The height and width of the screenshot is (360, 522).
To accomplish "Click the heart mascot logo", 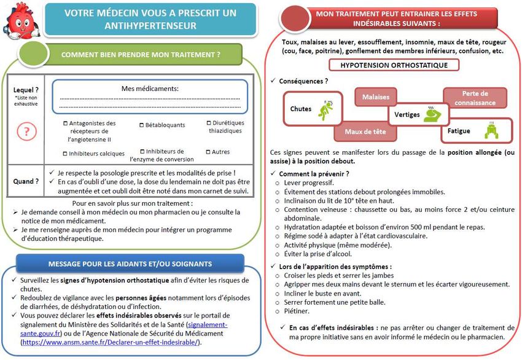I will [21, 20].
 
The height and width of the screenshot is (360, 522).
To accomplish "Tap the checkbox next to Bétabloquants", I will [142, 125].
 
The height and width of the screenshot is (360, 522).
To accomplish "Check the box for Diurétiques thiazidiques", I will [208, 123].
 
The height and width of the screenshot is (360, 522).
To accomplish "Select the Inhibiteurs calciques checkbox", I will [66, 154].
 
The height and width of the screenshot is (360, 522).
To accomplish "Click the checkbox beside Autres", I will [208, 152].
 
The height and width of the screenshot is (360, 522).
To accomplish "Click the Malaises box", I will [375, 97].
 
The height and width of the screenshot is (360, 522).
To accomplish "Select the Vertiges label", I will [407, 115].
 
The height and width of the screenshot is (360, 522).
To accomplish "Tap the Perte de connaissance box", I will [475, 98].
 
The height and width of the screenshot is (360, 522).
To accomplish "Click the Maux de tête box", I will [365, 131].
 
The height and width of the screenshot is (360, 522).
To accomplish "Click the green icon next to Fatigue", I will [490, 131].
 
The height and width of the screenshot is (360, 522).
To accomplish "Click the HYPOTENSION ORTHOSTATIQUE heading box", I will [394, 65].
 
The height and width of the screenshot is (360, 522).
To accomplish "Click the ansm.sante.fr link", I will [111, 342].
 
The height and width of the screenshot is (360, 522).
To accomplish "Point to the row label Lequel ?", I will [27, 90].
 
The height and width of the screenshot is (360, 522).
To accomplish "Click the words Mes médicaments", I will [150, 88].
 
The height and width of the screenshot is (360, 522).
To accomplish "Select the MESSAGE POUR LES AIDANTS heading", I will [130, 264].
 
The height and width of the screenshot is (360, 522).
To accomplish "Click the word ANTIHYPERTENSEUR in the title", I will [150, 26].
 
